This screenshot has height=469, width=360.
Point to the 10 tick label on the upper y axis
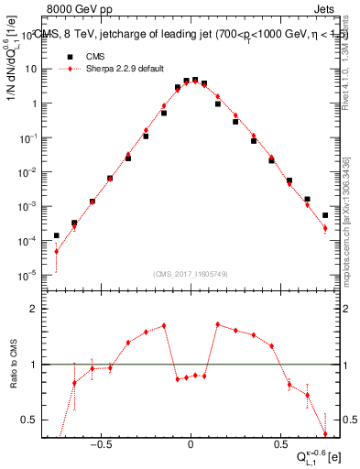click(31, 69)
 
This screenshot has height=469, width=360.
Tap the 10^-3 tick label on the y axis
click(28, 206)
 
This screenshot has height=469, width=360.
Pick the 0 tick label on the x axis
click(190, 442)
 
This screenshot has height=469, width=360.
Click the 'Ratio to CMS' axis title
click(16, 364)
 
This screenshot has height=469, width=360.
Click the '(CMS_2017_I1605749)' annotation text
click(190, 275)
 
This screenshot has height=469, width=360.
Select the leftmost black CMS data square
click(57, 235)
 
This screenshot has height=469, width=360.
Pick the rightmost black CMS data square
click(325, 215)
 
